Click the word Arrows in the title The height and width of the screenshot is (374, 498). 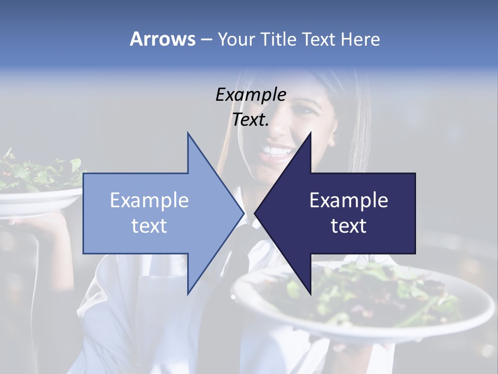(162, 39)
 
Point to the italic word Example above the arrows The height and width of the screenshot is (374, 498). (251, 95)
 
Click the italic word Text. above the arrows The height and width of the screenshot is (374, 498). (251, 119)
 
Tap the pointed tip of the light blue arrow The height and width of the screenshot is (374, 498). (242, 213)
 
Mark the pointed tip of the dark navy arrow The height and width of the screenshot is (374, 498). (256, 213)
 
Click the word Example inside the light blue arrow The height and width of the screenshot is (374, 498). (149, 200)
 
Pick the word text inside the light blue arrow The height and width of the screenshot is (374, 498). (149, 226)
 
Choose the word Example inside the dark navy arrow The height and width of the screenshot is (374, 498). (349, 200)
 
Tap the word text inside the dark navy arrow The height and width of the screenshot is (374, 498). (349, 226)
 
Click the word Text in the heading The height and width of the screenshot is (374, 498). (319, 39)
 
